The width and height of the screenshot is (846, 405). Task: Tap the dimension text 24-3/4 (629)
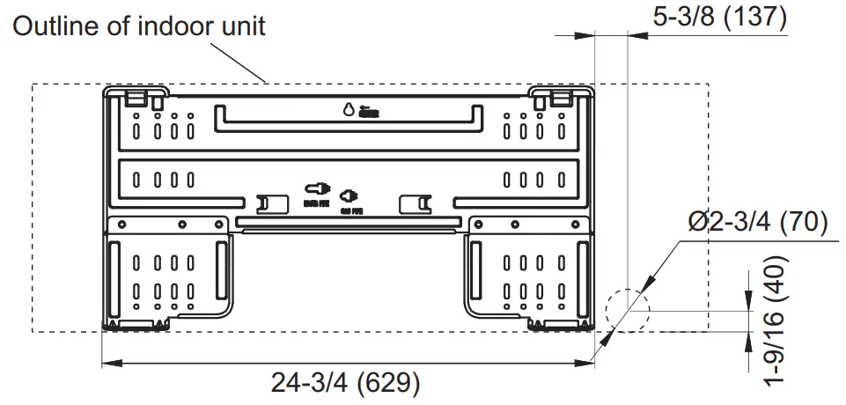click(x=345, y=385)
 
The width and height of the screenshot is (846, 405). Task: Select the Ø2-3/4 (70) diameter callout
click(x=756, y=223)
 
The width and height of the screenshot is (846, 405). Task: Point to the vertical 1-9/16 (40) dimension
click(x=774, y=321)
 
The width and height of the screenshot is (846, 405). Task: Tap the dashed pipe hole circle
click(x=625, y=311)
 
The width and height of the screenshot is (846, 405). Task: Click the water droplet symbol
click(x=349, y=110)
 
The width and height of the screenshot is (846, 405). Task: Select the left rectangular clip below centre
click(x=273, y=205)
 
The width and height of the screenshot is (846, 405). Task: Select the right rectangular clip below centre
click(x=415, y=205)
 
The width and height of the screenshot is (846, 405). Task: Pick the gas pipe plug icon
click(x=349, y=194)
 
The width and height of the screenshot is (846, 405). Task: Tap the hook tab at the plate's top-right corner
click(x=558, y=95)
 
